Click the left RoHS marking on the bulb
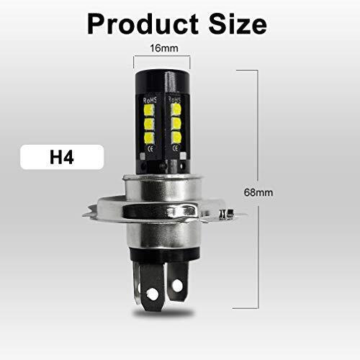tap(149, 99)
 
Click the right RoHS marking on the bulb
tap(174, 99)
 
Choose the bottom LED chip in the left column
tap(149, 138)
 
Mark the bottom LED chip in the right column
tap(175, 138)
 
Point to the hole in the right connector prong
tap(176, 286)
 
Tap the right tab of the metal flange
tap(229, 213)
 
